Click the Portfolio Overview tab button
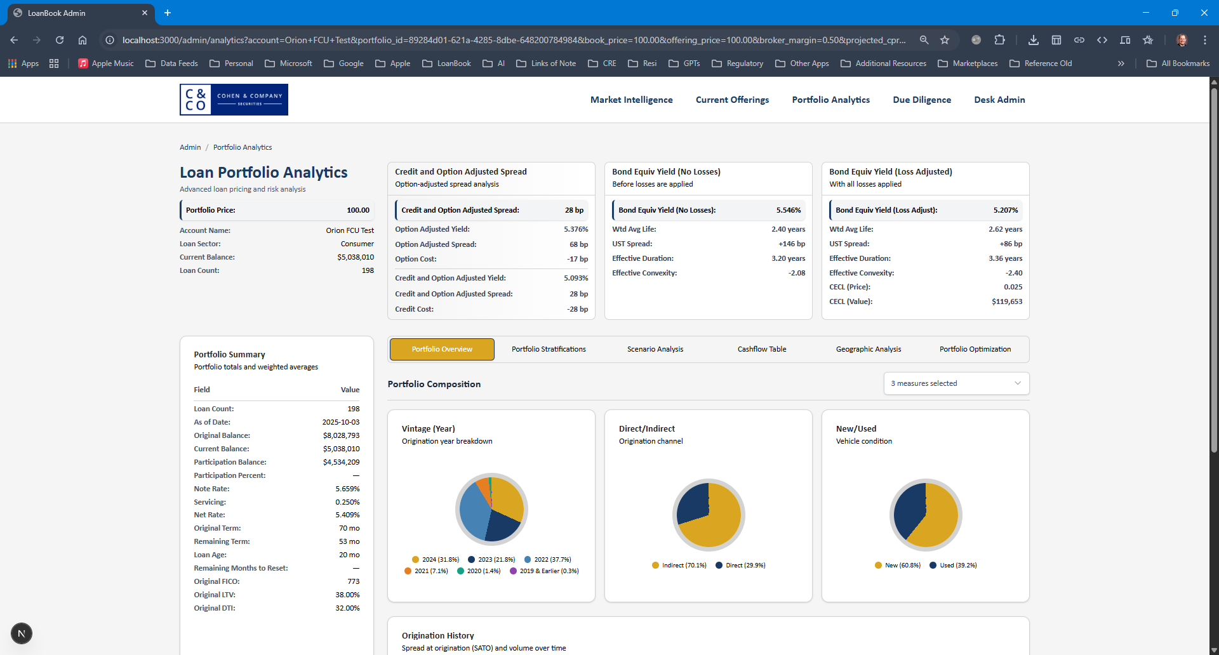(x=442, y=349)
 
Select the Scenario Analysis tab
(x=655, y=349)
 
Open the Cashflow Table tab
(x=761, y=349)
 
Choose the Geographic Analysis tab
(x=868, y=349)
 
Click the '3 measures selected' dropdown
(x=956, y=383)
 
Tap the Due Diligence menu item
(x=921, y=100)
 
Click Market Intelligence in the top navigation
(x=631, y=100)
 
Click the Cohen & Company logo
(x=234, y=100)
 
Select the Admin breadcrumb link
(x=190, y=147)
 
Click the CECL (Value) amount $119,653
(x=1006, y=301)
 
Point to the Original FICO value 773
(x=353, y=581)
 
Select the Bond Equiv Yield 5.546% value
(x=788, y=210)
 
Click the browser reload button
(x=60, y=40)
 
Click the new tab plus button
(x=168, y=13)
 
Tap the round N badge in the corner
(x=22, y=633)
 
